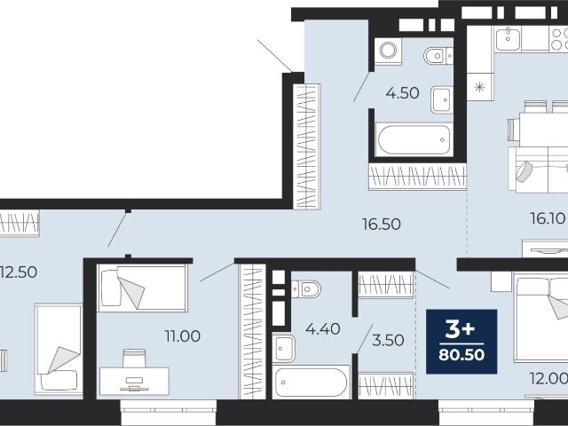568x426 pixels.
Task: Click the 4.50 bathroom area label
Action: click(402, 93)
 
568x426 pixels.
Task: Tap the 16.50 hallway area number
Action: click(382, 225)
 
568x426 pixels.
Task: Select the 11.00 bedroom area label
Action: click(183, 336)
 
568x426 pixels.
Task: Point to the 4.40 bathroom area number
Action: click(323, 329)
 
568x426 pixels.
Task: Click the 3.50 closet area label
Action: click(388, 340)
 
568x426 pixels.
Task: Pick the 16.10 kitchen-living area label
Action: click(548, 218)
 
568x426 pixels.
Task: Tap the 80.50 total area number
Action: click(461, 355)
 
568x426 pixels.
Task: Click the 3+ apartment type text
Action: click(460, 329)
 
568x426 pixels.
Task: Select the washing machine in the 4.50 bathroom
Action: click(388, 51)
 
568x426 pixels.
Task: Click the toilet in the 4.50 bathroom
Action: click(438, 56)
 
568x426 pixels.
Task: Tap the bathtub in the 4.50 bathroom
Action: click(414, 139)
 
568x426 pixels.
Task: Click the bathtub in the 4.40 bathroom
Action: click(312, 383)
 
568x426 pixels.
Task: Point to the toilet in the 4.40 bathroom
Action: click(306, 289)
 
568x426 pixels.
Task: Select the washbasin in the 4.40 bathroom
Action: click(283, 349)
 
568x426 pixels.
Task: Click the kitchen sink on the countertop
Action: click(508, 39)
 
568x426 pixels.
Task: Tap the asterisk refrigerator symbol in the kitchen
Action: click(479, 87)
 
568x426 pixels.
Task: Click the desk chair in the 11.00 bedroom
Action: click(134, 358)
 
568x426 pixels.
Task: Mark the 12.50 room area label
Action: click(19, 272)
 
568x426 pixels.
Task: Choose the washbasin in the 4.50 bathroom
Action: click(442, 99)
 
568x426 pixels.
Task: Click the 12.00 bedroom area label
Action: click(548, 379)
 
